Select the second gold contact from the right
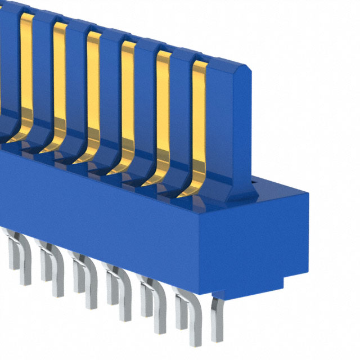tap(163, 112)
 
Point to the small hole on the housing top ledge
tap(254, 182)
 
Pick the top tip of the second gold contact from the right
tap(164, 53)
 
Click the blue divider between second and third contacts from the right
tap(146, 107)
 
